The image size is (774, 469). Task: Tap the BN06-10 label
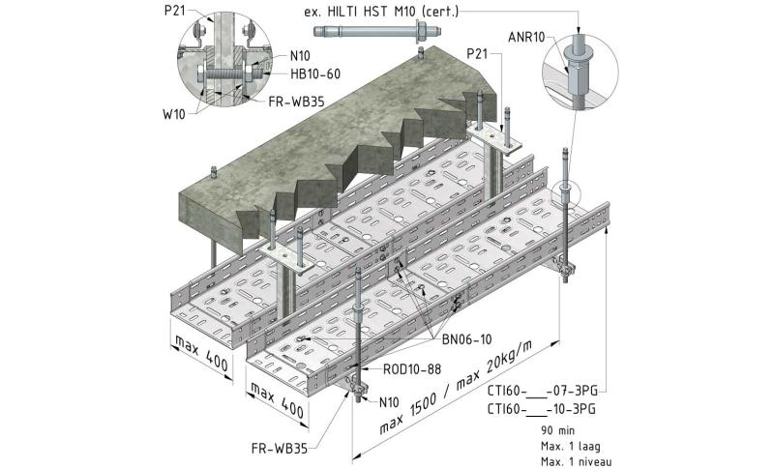pyautogui.click(x=466, y=338)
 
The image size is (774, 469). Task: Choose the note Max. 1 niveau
pyautogui.click(x=577, y=461)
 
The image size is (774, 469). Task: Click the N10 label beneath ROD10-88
pyautogui.click(x=389, y=401)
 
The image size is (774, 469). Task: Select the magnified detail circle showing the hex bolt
pyautogui.click(x=220, y=63)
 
